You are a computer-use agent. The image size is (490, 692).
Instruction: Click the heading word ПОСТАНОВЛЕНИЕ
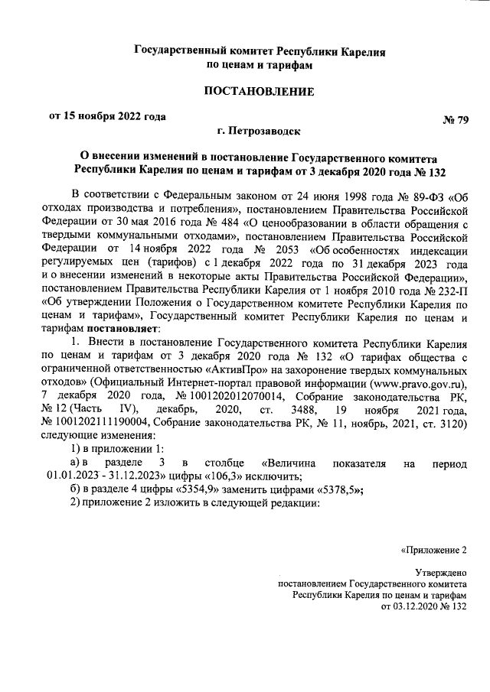pos(259,93)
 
